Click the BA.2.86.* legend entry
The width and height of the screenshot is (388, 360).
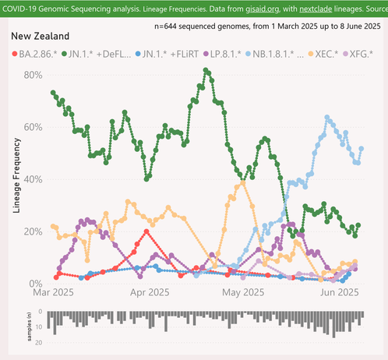coord(34,54)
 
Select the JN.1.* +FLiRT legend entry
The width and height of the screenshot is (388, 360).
coord(167,54)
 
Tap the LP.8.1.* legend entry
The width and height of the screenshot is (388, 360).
coord(222,54)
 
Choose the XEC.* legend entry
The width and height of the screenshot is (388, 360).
coord(323,54)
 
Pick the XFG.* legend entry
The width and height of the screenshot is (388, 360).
coord(358,54)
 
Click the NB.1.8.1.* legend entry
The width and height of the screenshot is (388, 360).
coord(274,54)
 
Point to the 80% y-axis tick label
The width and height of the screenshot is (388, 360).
coord(33,75)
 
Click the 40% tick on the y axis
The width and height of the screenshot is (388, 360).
coord(33,179)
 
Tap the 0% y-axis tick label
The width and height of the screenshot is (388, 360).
coord(36,284)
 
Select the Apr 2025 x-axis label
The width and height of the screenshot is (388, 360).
coord(150,292)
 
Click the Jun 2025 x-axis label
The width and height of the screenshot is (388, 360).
coord(340,292)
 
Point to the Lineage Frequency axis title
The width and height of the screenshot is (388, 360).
coord(16,175)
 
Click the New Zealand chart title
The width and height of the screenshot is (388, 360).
coord(41,36)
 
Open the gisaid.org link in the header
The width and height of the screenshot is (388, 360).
coord(263,9)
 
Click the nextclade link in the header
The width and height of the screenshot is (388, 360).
coord(316,9)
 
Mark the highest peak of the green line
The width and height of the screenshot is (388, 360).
coord(206,70)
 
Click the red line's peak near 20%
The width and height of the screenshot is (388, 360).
coord(146,231)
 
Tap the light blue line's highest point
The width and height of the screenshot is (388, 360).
coord(327,118)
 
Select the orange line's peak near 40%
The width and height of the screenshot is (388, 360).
coord(243,183)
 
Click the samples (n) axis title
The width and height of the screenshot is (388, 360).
coord(29,326)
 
